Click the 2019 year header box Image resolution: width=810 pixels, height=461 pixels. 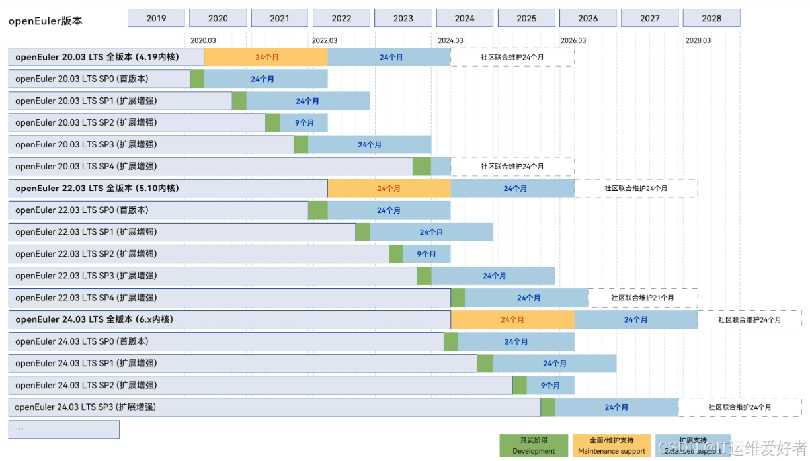(156, 18)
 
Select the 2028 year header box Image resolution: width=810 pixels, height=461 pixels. (711, 18)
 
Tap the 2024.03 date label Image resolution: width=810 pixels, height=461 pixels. (450, 40)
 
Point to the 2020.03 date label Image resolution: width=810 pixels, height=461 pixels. (203, 40)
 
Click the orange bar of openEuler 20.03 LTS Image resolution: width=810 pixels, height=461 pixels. (266, 57)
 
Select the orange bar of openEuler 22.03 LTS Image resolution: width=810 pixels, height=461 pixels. (389, 189)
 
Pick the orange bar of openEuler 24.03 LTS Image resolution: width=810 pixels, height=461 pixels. (512, 319)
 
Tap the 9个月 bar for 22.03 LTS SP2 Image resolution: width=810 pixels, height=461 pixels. (426, 254)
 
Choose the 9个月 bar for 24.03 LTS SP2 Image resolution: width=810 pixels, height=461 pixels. (550, 385)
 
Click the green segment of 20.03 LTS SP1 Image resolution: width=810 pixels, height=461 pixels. (239, 101)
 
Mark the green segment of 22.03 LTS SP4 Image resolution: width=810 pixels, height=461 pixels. (458, 298)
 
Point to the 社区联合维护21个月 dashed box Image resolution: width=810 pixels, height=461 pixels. (643, 298)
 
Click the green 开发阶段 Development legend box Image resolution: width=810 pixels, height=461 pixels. (534, 445)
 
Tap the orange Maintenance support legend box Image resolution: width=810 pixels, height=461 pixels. (612, 445)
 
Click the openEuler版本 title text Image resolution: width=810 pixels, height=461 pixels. (45, 21)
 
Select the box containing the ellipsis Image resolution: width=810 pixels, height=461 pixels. (63, 429)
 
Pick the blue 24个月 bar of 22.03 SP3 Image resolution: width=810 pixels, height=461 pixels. (493, 276)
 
